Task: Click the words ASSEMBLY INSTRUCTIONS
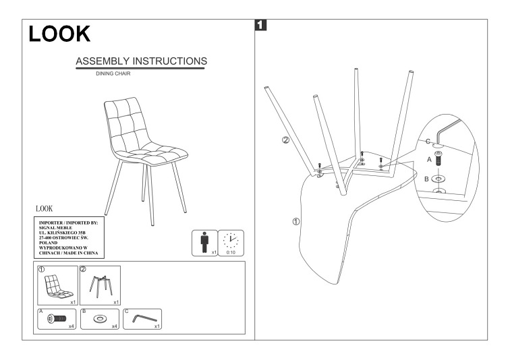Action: point(142,61)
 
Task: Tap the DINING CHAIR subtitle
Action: point(114,73)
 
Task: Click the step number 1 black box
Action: point(262,26)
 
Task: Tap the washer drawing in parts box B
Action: point(98,318)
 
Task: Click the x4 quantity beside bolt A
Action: point(70,326)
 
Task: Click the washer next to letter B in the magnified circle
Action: point(438,180)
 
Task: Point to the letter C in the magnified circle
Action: point(427,142)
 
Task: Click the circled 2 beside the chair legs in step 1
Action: point(285,140)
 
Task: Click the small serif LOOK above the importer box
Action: point(42,208)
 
